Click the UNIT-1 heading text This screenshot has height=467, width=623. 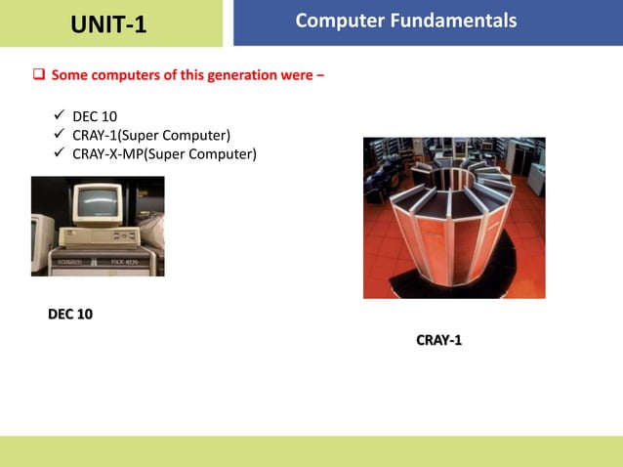click(108, 24)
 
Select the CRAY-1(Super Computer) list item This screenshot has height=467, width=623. click(151, 135)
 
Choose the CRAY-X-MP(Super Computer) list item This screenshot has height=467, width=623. click(164, 153)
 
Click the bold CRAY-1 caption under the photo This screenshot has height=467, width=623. click(438, 340)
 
